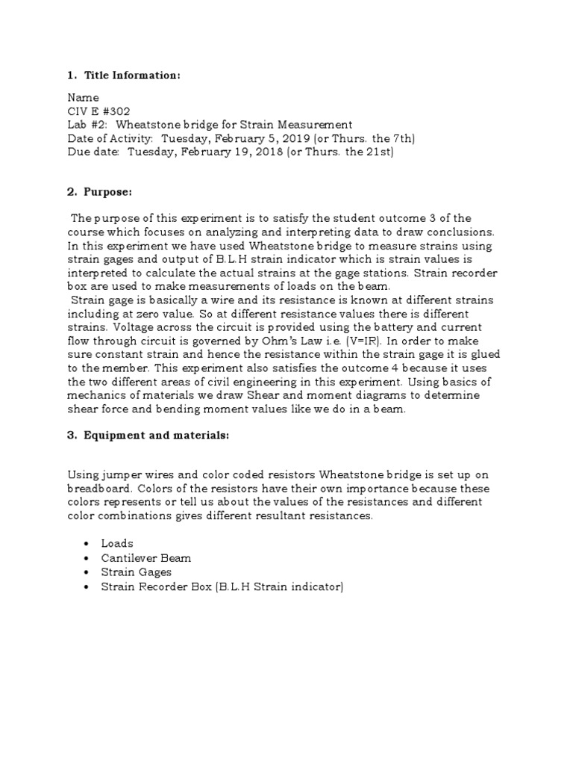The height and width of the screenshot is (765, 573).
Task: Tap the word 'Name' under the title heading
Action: [x=83, y=98]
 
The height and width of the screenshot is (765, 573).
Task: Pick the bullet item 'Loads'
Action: [x=117, y=543]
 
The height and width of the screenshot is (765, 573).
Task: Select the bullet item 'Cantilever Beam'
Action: [x=146, y=558]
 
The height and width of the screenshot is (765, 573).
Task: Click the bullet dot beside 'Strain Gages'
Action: [x=87, y=573]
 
